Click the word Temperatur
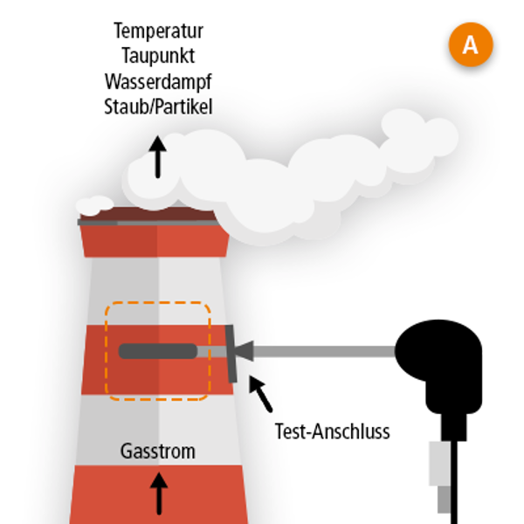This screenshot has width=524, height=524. [158, 31]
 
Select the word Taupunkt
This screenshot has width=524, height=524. [158, 56]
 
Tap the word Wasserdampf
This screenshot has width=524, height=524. [158, 81]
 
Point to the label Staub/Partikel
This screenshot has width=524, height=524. [158, 106]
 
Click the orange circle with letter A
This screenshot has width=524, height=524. [470, 45]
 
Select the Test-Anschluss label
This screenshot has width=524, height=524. [332, 431]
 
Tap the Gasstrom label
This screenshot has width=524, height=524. [158, 452]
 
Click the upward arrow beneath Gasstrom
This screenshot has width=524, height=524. [159, 493]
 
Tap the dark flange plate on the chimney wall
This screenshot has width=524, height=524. [231, 352]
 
